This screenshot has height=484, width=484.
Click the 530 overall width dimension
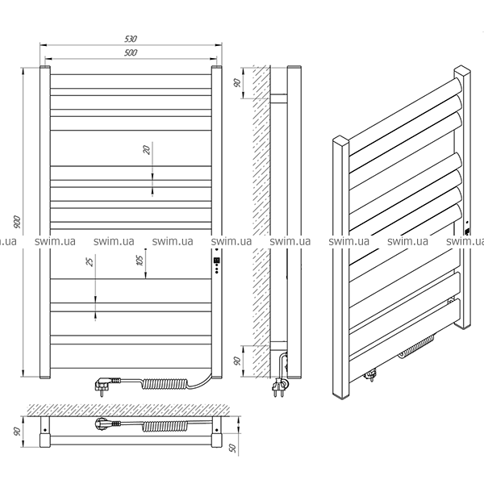click(x=131, y=37)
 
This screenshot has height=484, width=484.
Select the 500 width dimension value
click(x=131, y=52)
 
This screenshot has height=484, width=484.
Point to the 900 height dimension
click(x=16, y=221)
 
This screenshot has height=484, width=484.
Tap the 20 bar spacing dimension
click(x=146, y=151)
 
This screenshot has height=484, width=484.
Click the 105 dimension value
click(x=139, y=259)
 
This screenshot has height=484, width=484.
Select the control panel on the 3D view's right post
click(x=467, y=236)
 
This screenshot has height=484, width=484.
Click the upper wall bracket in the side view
click(x=278, y=98)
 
